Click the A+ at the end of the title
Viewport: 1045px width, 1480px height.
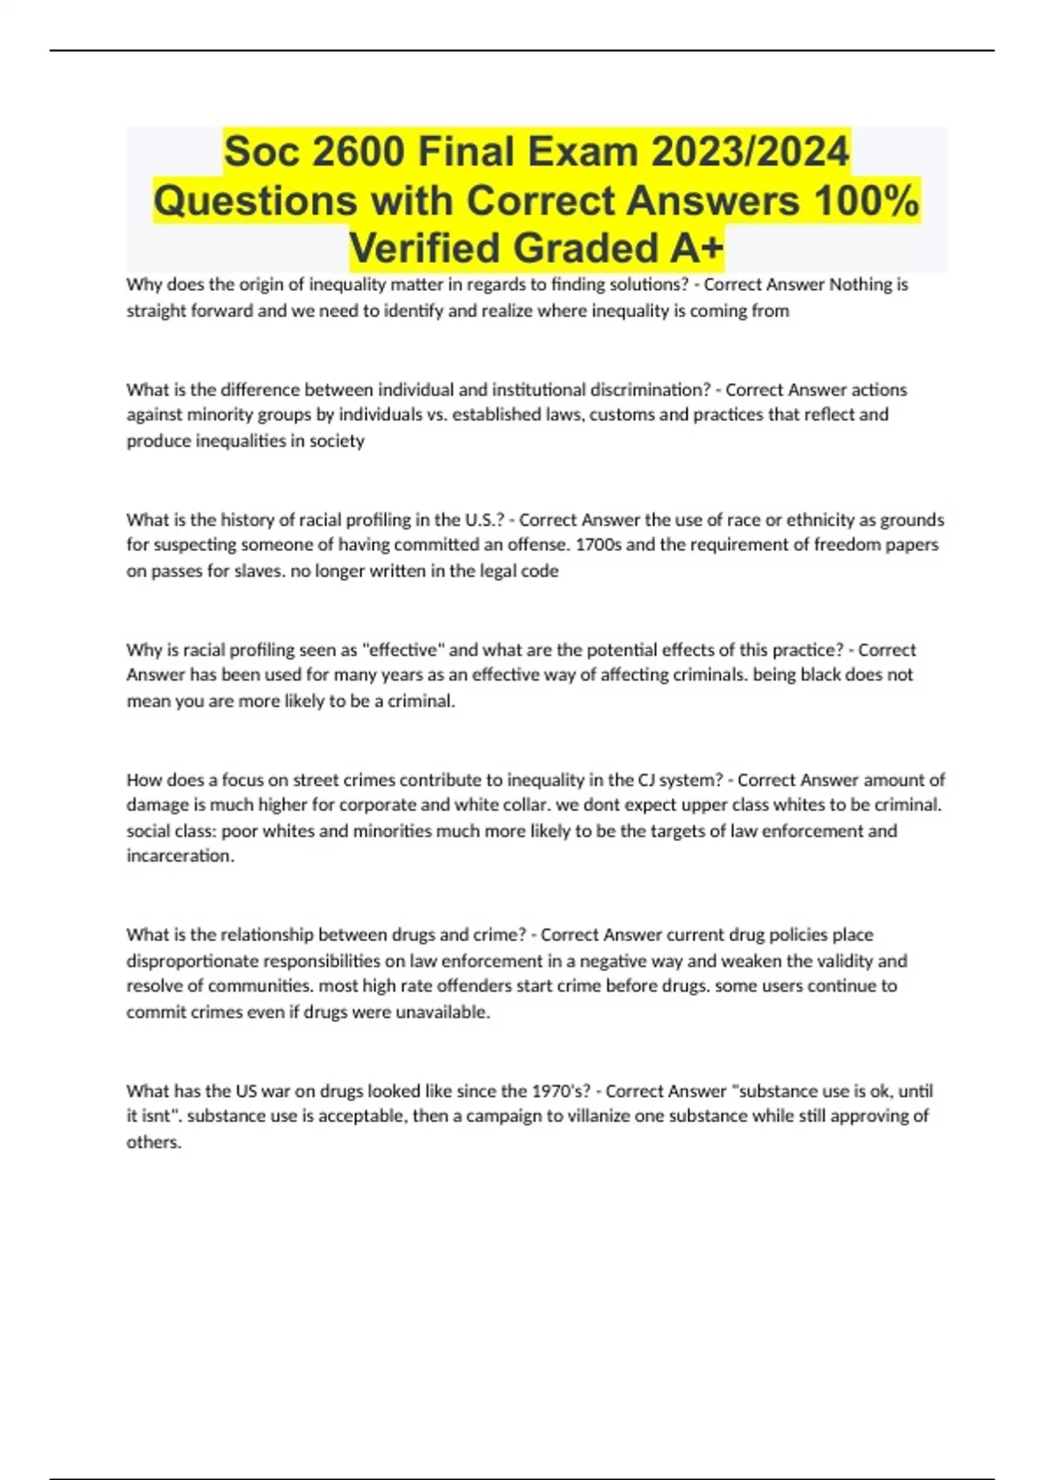(x=696, y=248)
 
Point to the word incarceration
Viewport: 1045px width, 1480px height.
(x=180, y=856)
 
